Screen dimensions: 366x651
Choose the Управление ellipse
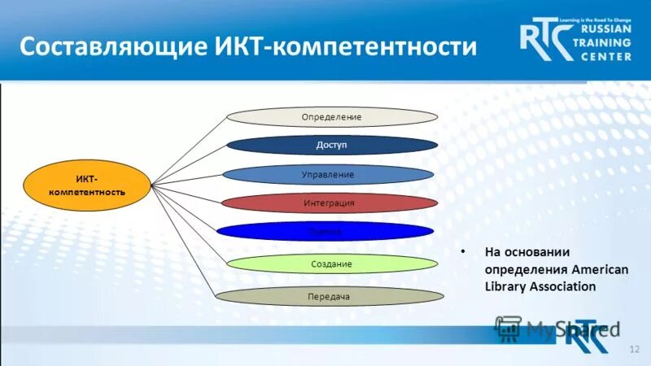tap(327, 175)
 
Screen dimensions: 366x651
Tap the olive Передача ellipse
tap(329, 297)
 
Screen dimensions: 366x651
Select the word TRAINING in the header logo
tap(605, 42)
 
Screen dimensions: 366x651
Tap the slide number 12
tap(634, 348)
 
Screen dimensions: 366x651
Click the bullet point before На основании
tap(462, 252)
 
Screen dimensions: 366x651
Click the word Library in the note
tap(505, 286)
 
